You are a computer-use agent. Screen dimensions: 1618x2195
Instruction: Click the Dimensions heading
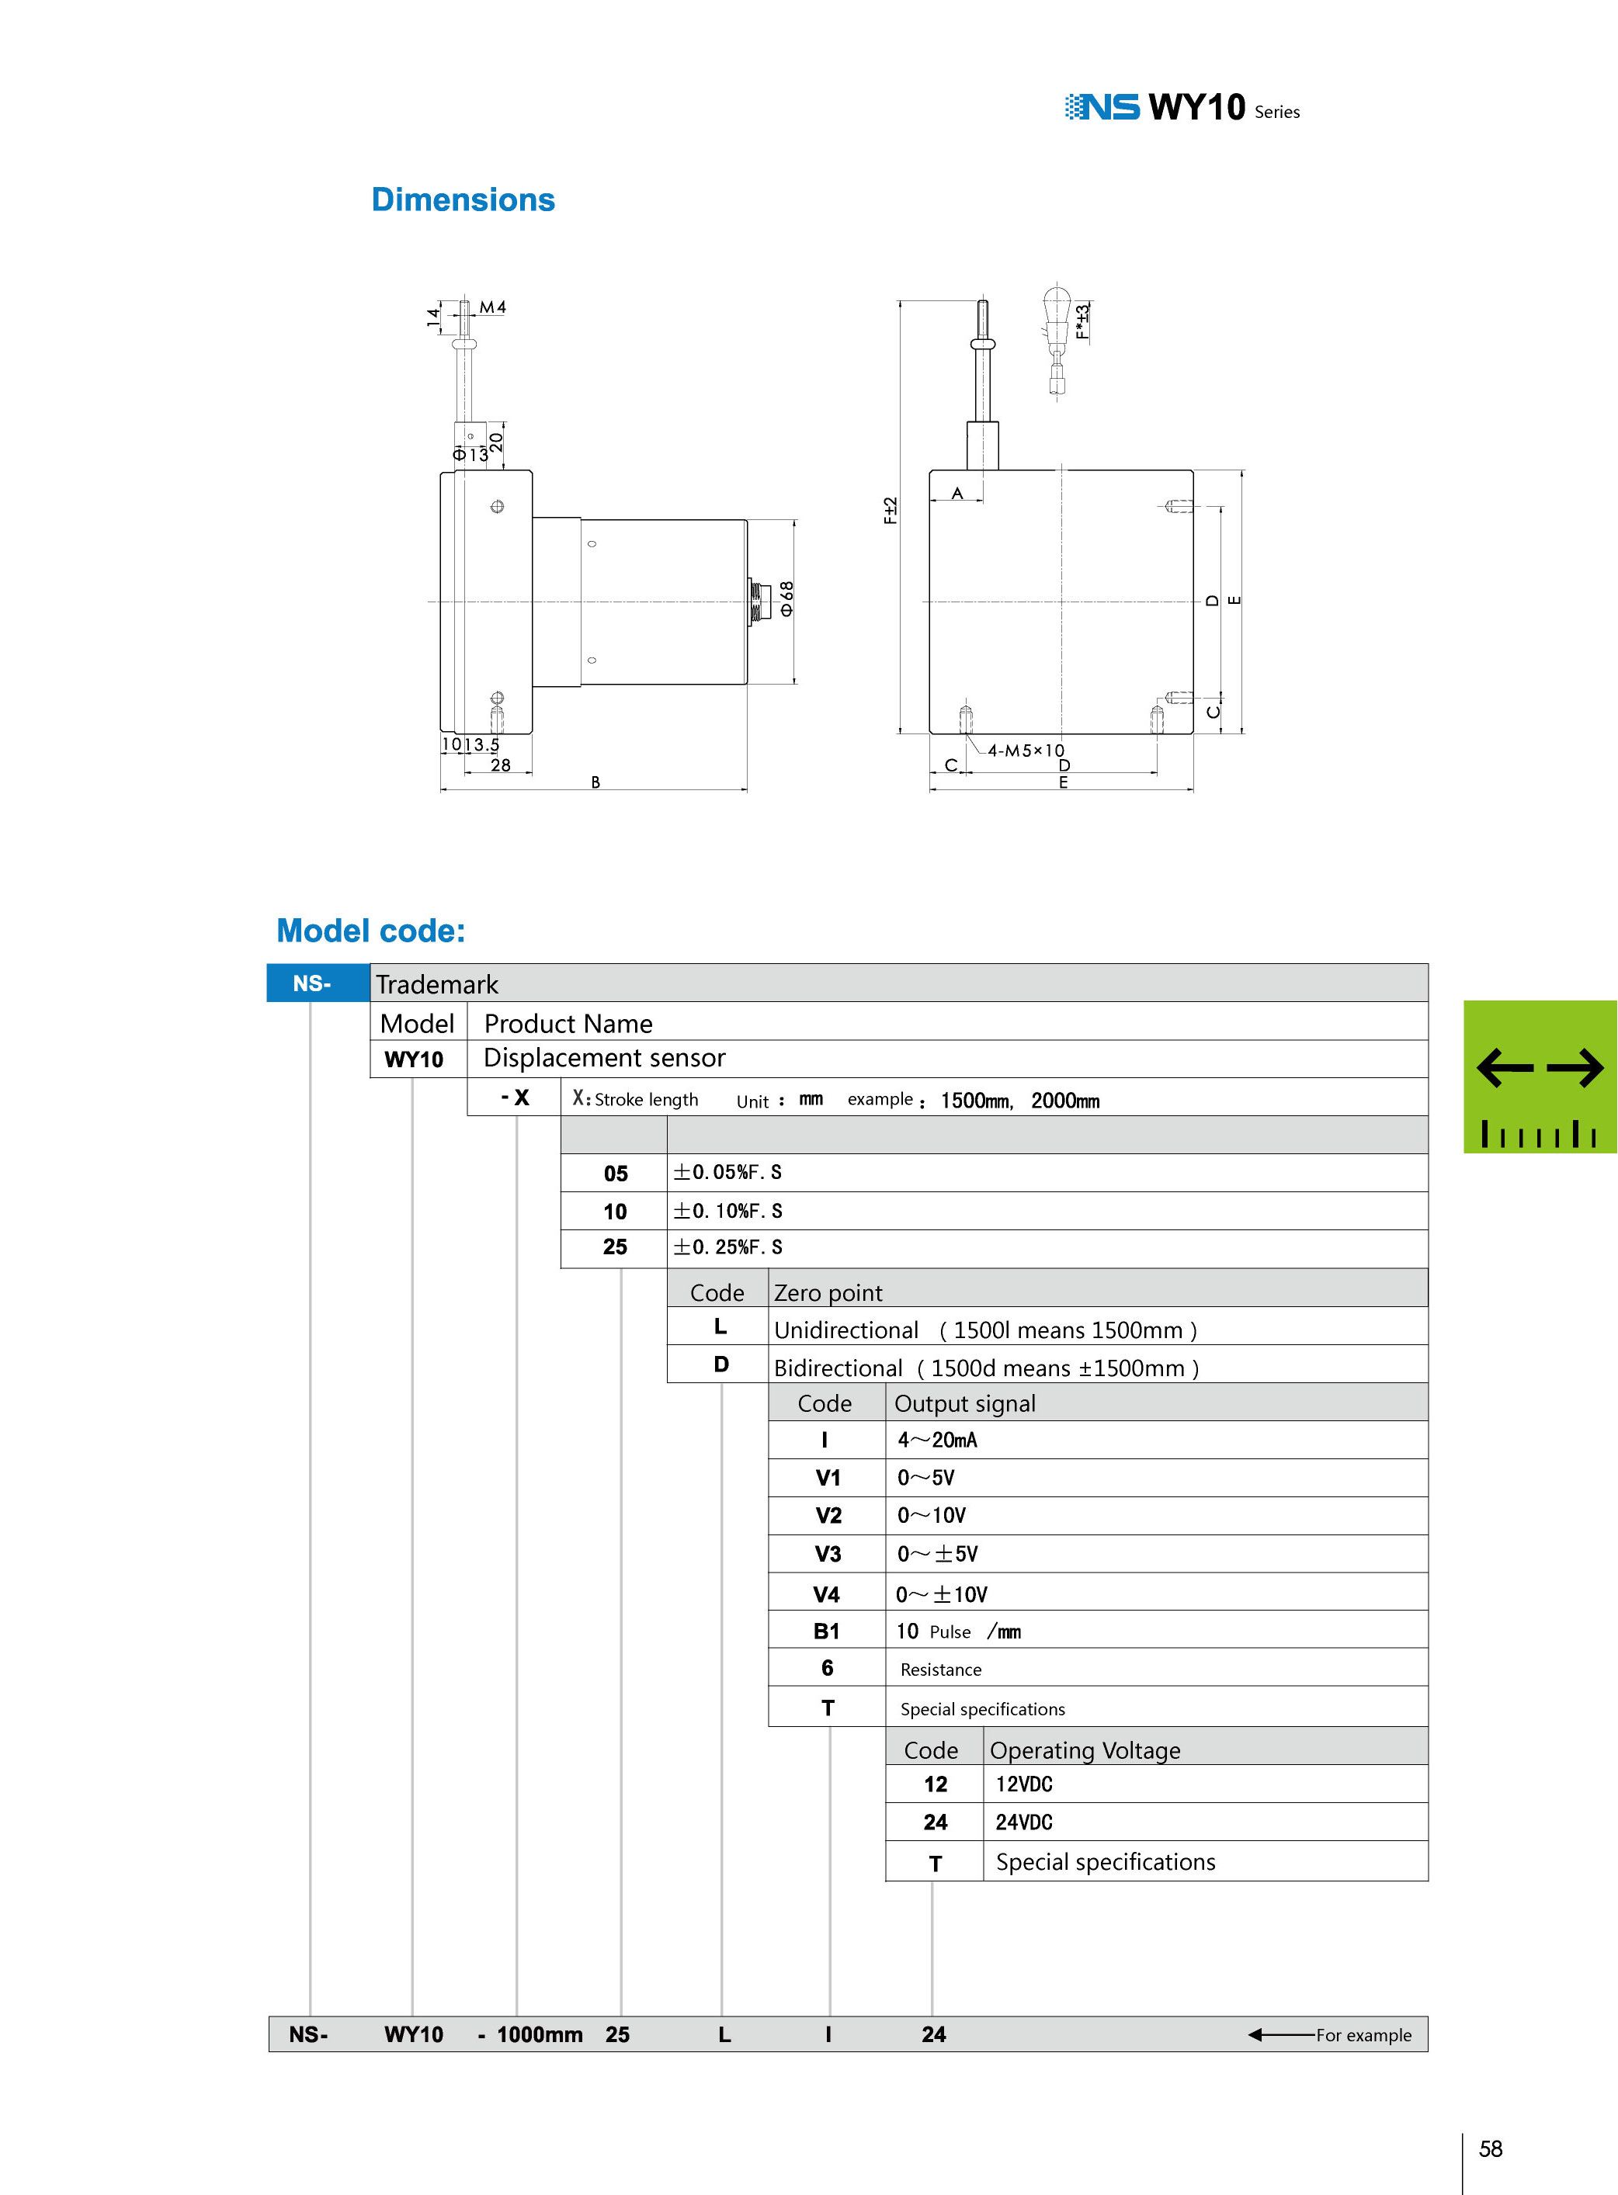(x=464, y=199)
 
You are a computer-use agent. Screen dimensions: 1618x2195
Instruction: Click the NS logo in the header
(x=1102, y=106)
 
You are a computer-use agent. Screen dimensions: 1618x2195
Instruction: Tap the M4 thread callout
(x=493, y=307)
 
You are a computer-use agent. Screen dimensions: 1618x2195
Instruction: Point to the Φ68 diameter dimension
(x=786, y=598)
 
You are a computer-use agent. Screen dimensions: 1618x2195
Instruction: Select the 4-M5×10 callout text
(x=1026, y=751)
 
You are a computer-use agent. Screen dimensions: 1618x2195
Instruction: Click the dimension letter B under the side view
(x=595, y=782)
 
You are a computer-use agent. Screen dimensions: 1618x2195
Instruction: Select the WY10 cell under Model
(x=415, y=1059)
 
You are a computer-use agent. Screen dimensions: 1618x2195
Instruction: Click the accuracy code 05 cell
(x=615, y=1173)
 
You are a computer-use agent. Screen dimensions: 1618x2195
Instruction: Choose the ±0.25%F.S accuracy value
(x=727, y=1247)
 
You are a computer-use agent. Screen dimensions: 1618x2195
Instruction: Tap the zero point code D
(x=720, y=1365)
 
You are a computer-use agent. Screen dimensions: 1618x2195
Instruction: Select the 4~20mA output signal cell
(x=937, y=1440)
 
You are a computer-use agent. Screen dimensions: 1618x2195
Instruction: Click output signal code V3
(x=828, y=1554)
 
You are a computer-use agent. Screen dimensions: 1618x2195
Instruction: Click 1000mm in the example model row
(x=540, y=2034)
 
